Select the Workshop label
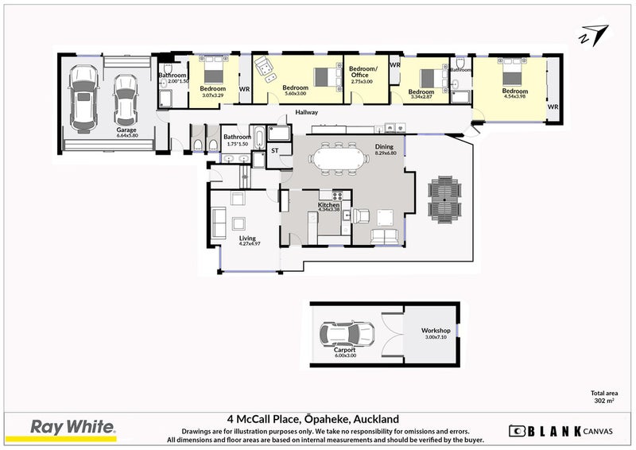click(x=436, y=331)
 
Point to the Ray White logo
click(x=73, y=428)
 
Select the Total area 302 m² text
click(x=603, y=398)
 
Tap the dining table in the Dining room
click(x=339, y=158)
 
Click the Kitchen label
click(x=329, y=205)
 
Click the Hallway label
click(x=306, y=112)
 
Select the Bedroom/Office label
click(x=364, y=72)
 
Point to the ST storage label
click(x=275, y=149)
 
